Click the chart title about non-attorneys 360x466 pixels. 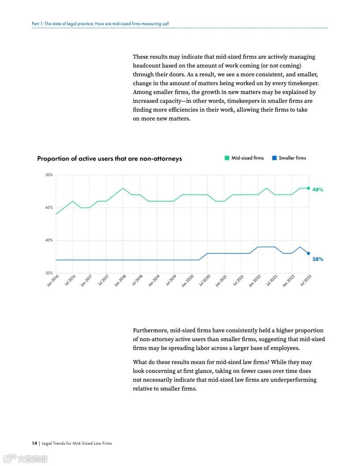click(x=109, y=158)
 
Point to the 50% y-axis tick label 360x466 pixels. click(x=49, y=175)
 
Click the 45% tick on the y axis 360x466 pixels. click(x=49, y=207)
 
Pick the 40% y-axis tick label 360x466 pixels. click(x=49, y=240)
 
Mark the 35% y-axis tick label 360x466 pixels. click(x=49, y=273)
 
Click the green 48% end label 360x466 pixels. click(x=318, y=190)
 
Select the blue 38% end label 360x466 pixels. click(x=318, y=259)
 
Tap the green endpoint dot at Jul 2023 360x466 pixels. click(x=308, y=188)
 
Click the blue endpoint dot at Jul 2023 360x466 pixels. click(x=308, y=253)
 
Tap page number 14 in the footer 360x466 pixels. click(x=34, y=443)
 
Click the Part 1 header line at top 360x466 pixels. click(x=100, y=23)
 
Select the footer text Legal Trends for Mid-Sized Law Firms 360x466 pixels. click(x=77, y=443)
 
